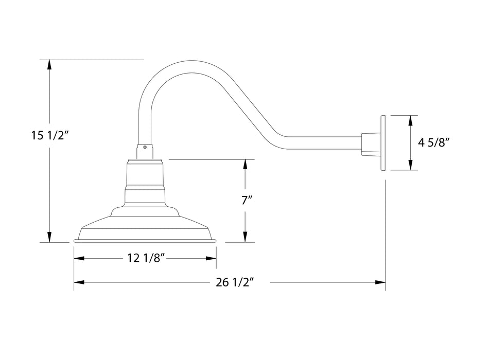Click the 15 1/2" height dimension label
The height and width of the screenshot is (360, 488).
[x=50, y=135]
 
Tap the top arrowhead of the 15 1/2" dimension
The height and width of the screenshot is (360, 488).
[x=49, y=65]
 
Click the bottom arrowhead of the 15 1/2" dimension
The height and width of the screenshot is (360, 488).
[x=49, y=237]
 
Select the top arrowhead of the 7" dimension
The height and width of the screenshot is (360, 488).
[x=246, y=165]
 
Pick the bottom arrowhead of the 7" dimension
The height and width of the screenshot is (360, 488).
[x=246, y=237]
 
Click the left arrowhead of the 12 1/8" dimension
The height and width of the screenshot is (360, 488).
[x=79, y=258]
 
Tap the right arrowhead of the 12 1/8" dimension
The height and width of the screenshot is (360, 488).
[x=211, y=258]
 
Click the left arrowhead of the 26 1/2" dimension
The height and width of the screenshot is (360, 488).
[x=79, y=282]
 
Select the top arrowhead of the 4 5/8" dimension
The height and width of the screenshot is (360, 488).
[x=410, y=120]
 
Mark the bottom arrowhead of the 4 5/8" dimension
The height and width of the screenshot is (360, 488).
[x=410, y=165]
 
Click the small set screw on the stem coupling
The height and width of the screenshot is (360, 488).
[x=145, y=147]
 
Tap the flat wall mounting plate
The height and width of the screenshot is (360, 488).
[x=383, y=142]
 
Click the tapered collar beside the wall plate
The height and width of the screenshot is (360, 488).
[x=369, y=143]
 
